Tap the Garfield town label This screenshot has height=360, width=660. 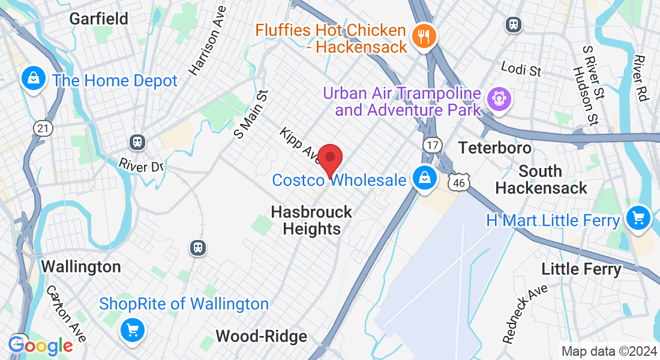(99, 19)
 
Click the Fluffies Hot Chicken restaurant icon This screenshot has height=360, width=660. (424, 36)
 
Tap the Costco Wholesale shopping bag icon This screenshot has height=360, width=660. (424, 178)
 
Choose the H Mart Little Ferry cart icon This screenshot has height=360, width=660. (638, 218)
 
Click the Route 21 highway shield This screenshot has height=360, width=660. (41, 128)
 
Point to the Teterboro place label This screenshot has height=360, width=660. (495, 147)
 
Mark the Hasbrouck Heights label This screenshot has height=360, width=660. (311, 220)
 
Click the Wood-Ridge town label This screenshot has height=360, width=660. (261, 336)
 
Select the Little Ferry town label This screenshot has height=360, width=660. (581, 269)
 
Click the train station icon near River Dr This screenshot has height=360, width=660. (138, 142)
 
